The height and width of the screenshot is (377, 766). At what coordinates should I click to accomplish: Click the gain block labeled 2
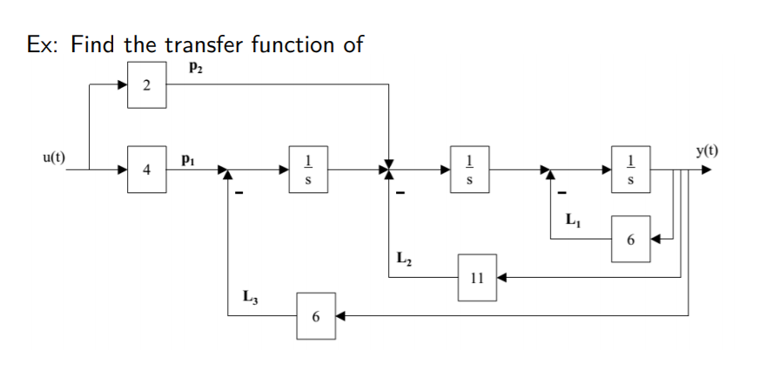tap(145, 85)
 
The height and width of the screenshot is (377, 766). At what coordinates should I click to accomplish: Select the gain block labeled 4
tap(145, 170)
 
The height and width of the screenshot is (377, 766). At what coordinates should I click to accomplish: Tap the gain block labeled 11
tap(475, 278)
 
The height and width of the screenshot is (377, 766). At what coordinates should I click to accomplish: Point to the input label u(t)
tap(52, 158)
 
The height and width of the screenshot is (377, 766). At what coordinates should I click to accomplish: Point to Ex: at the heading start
tap(43, 44)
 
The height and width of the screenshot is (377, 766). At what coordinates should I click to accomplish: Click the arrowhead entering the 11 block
tap(502, 278)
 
